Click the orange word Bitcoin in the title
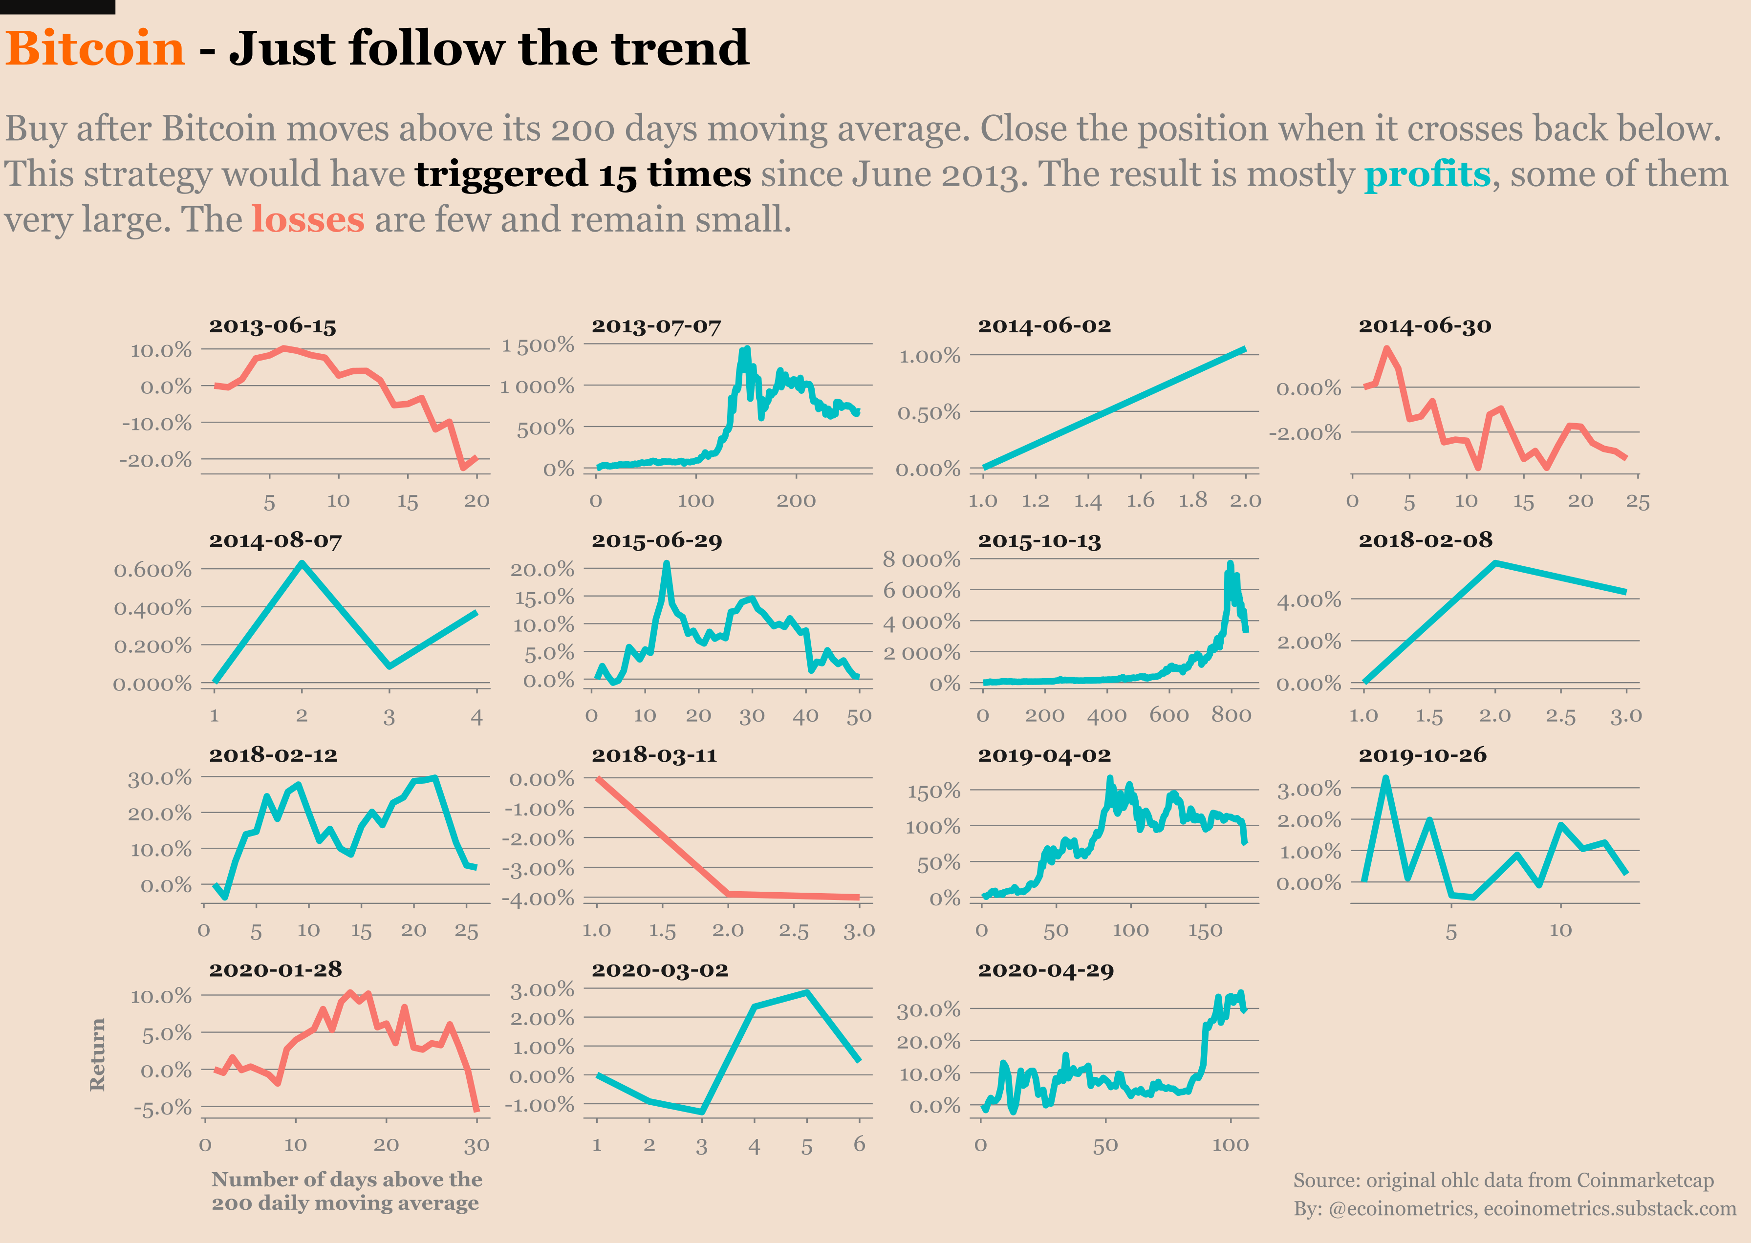point(95,49)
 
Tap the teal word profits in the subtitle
point(1427,174)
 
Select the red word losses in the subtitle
point(308,220)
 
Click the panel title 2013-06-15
point(273,326)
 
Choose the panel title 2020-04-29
point(1045,970)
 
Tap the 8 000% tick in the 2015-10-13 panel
point(921,559)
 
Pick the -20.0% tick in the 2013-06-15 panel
point(155,460)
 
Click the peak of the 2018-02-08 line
point(1495,563)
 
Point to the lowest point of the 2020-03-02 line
point(702,1112)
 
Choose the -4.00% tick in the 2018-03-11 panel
point(538,898)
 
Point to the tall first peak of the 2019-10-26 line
point(1386,779)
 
